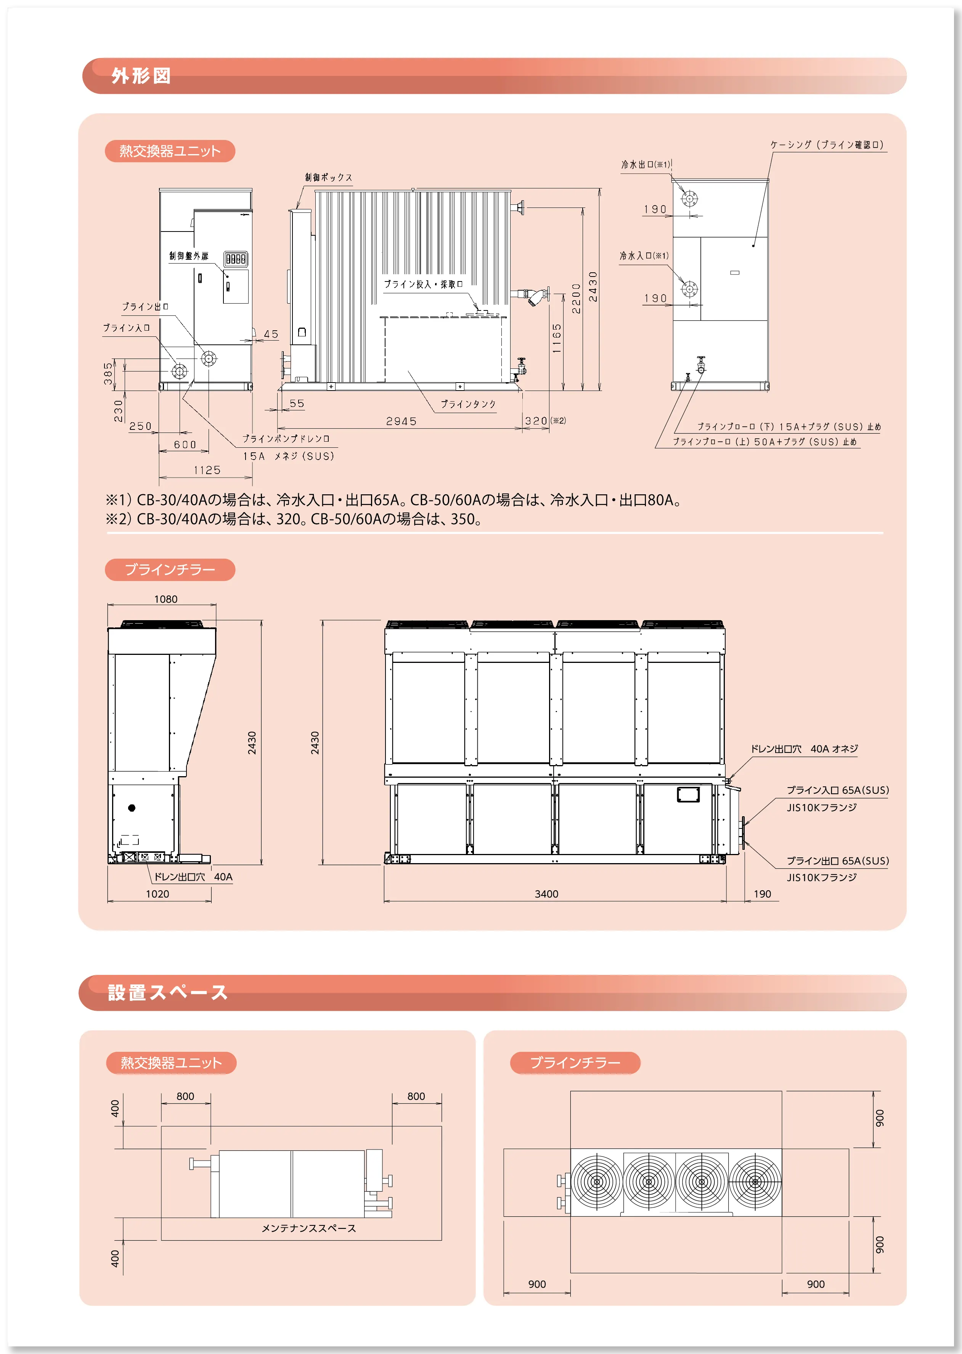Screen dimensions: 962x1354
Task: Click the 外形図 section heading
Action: (141, 76)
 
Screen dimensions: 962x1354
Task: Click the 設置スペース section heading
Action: (168, 992)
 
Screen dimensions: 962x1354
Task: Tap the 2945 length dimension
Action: (401, 421)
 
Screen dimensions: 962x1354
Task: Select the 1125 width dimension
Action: (207, 470)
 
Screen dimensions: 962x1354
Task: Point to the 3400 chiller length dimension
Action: (546, 894)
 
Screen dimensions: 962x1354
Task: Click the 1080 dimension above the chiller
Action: (166, 599)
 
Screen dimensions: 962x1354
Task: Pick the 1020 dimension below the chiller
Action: (157, 894)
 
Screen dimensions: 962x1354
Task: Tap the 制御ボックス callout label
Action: (329, 177)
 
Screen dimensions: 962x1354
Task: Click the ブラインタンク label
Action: (468, 404)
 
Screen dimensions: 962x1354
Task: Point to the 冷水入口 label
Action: (644, 256)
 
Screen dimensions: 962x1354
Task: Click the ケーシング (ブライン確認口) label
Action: (827, 145)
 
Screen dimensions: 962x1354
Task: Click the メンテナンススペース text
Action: (308, 1229)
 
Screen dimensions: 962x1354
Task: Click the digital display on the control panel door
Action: (235, 259)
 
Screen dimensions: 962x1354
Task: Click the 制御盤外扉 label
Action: (189, 256)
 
